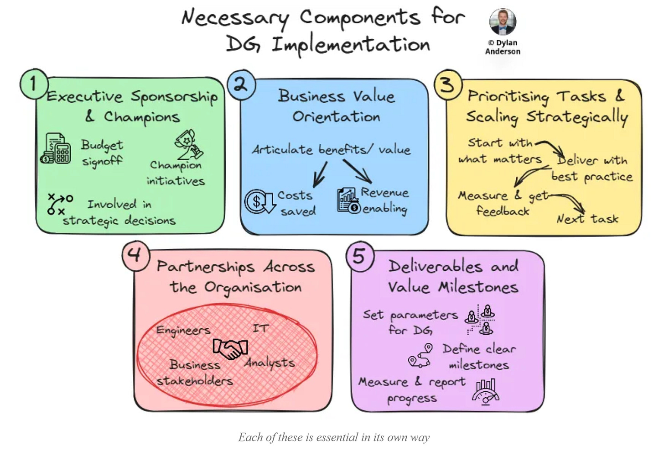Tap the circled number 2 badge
point(241,84)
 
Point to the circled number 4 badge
point(135,255)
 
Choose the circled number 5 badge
point(360,256)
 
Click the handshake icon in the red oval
point(230,349)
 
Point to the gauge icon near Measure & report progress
point(485,391)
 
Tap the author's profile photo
point(503,21)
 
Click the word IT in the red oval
point(261,328)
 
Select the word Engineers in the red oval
point(183,330)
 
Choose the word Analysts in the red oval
point(270,363)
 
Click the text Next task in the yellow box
point(587,219)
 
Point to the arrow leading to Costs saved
point(320,174)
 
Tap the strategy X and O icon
point(60,204)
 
